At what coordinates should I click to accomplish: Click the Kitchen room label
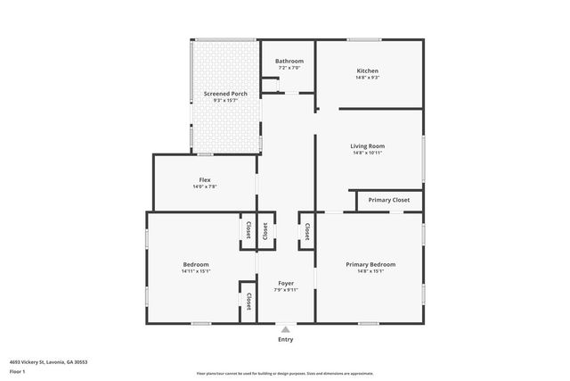[x=368, y=70]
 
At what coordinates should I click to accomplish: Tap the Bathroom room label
[x=289, y=61]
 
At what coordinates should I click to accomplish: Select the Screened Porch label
[x=225, y=94]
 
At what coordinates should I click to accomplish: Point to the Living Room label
[x=368, y=145]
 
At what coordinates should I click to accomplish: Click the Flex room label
[x=205, y=179]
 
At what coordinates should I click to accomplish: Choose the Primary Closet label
[x=389, y=200]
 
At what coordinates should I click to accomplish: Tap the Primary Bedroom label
[x=370, y=264]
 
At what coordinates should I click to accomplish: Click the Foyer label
[x=286, y=283]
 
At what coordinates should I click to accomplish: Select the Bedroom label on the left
[x=196, y=264]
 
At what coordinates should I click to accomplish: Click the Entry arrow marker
[x=286, y=329]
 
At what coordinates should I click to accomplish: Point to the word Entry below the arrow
[x=286, y=339]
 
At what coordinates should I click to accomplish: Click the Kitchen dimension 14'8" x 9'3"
[x=368, y=78]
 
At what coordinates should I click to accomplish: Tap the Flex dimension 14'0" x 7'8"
[x=205, y=186]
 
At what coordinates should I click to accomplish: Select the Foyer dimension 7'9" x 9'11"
[x=286, y=290]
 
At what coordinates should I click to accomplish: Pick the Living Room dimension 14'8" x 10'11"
[x=368, y=153]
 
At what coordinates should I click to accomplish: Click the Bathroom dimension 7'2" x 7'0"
[x=289, y=68]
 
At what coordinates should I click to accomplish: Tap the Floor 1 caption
[x=18, y=372]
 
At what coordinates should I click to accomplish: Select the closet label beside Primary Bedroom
[x=307, y=231]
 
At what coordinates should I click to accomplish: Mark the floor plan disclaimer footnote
[x=285, y=374]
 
